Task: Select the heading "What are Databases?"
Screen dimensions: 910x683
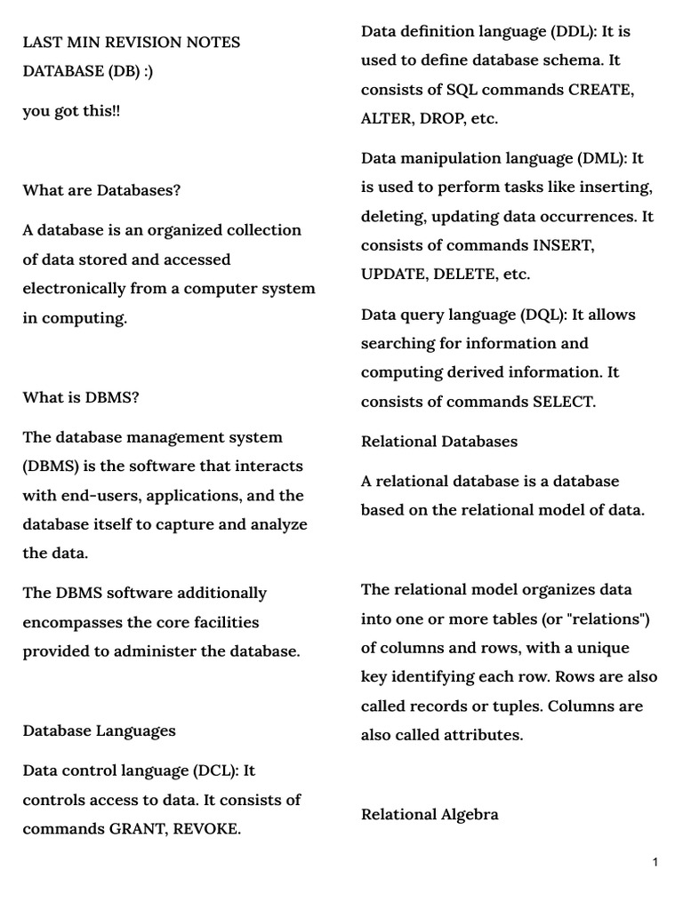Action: tap(101, 190)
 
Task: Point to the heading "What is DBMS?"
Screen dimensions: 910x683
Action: tap(81, 397)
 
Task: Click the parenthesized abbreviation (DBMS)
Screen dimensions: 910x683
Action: tap(51, 467)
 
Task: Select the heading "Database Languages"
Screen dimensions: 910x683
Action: tap(99, 730)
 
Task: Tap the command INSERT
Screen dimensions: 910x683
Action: tap(563, 245)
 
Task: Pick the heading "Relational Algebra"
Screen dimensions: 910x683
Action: tap(430, 814)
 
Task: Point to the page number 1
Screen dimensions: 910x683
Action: tap(655, 862)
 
